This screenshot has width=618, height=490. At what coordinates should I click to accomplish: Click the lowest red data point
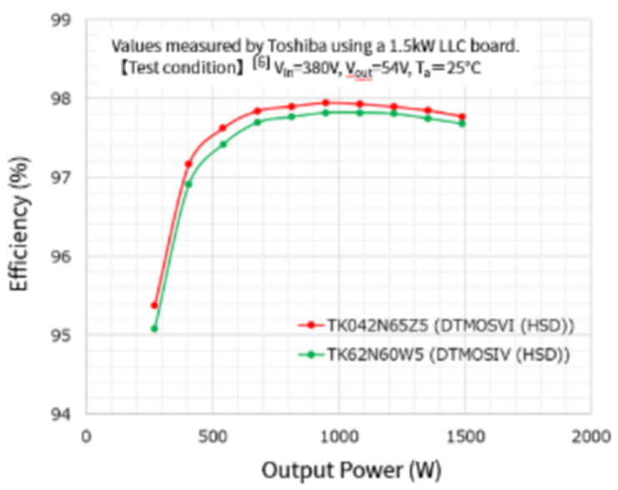[x=154, y=305]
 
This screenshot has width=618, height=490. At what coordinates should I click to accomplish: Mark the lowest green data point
[x=154, y=328]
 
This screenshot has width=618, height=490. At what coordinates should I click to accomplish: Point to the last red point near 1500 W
[x=462, y=117]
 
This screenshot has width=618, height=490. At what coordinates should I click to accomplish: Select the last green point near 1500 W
[x=462, y=123]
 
